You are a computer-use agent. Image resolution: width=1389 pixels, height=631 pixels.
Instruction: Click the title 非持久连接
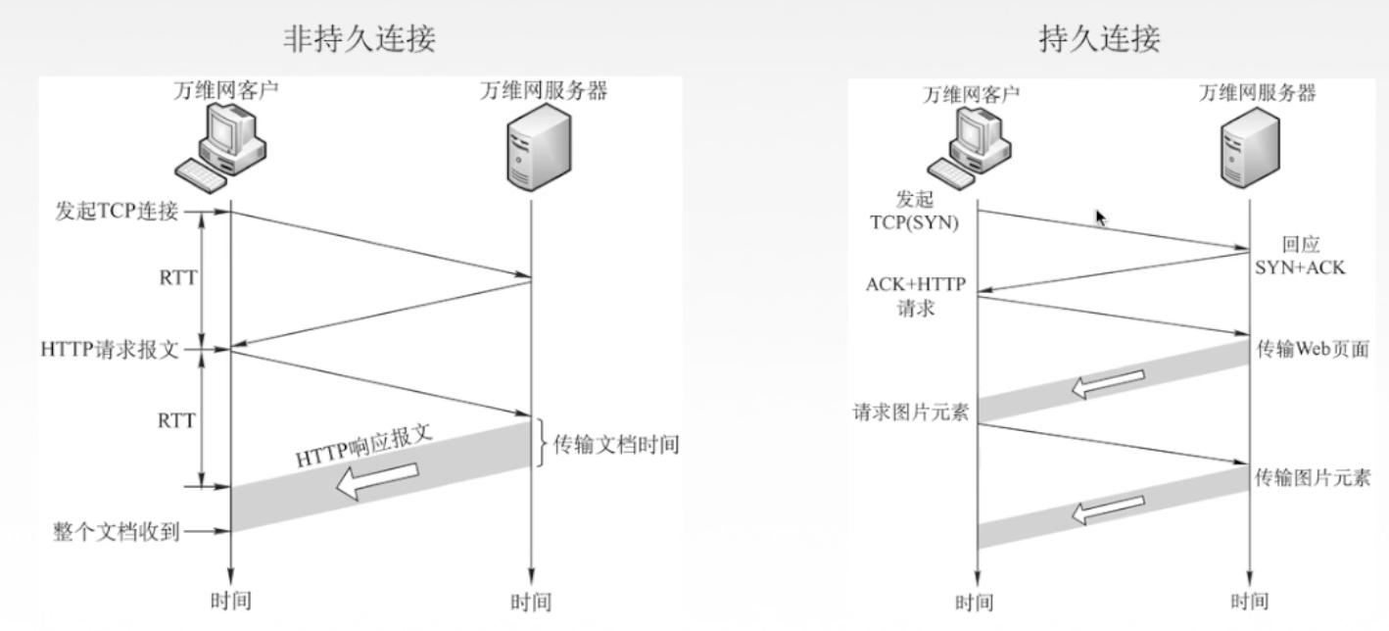click(x=359, y=39)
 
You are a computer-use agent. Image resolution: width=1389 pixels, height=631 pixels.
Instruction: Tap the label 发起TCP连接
click(x=111, y=211)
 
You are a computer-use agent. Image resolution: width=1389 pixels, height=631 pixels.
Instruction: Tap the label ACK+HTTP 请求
click(x=916, y=295)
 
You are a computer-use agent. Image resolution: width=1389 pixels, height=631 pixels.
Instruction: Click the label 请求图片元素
click(x=911, y=413)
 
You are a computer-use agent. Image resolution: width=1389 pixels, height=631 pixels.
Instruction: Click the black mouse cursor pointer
click(x=1100, y=217)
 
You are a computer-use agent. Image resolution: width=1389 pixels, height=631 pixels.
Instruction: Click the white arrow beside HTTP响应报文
click(x=378, y=479)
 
